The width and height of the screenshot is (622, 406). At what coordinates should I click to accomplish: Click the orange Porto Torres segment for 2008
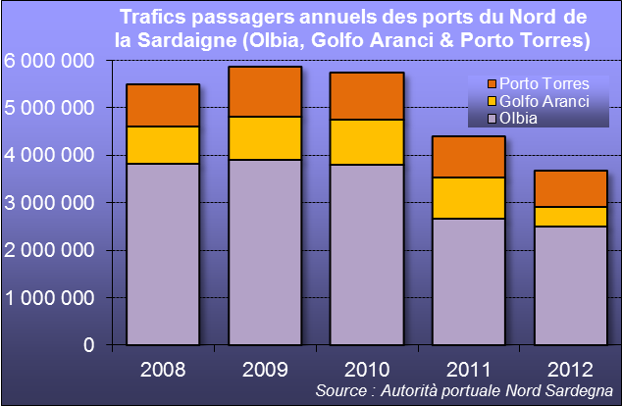(x=163, y=106)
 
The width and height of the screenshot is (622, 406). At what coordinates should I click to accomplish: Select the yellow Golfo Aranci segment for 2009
(x=265, y=138)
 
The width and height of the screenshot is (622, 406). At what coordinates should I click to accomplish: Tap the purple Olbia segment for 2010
(x=367, y=255)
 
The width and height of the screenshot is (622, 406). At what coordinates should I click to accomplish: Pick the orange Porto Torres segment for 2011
(x=469, y=157)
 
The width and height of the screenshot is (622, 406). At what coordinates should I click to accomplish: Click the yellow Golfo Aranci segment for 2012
(x=571, y=217)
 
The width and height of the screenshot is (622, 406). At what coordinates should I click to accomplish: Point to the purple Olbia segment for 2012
(x=571, y=285)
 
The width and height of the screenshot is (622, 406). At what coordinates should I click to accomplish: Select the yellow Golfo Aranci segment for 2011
(x=469, y=198)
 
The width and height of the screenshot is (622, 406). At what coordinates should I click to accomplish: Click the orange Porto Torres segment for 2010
(x=367, y=96)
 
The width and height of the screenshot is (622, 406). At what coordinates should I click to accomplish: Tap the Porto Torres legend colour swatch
(x=492, y=84)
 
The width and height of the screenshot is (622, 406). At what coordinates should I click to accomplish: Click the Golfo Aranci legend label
(x=544, y=101)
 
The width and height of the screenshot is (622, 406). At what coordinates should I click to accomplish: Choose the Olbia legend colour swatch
(x=492, y=119)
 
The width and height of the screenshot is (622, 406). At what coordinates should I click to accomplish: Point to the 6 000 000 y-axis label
(x=49, y=61)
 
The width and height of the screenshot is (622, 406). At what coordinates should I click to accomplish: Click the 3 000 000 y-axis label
(x=49, y=203)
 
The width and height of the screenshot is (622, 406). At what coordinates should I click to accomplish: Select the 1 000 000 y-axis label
(x=49, y=298)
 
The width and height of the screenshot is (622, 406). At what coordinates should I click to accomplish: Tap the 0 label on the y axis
(x=89, y=345)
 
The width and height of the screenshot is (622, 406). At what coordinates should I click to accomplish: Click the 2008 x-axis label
(x=163, y=370)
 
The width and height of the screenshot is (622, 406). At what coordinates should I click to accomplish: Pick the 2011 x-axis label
(x=469, y=370)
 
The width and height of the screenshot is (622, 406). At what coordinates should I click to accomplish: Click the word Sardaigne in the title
(x=187, y=40)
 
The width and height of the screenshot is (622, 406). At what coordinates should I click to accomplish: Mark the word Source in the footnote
(x=341, y=390)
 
